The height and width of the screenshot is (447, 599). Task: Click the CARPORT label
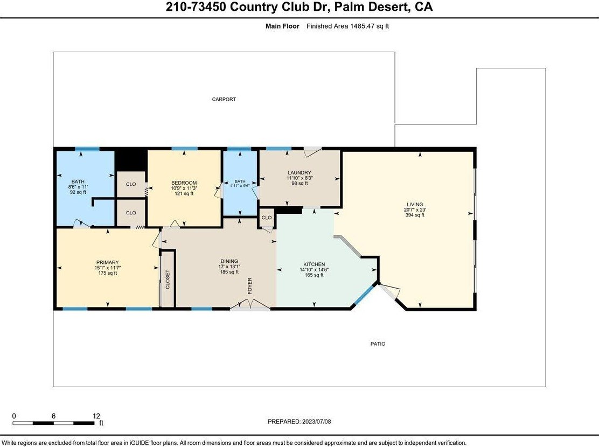click(x=224, y=99)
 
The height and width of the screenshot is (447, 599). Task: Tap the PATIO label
click(x=378, y=344)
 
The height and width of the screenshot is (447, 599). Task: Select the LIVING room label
click(x=415, y=205)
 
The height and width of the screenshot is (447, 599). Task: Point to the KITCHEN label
click(x=314, y=264)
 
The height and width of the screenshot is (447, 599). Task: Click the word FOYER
click(x=250, y=285)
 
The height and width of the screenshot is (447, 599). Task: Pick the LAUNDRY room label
click(x=299, y=173)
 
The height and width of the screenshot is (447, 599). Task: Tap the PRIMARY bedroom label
click(x=107, y=262)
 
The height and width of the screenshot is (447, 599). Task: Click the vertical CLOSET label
click(x=168, y=280)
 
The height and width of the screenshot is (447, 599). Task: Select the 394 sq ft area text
click(x=415, y=215)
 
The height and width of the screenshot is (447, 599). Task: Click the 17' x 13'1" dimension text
click(x=229, y=267)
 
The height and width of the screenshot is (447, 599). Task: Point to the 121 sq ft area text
click(x=184, y=193)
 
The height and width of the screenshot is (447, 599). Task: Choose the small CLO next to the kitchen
click(x=267, y=218)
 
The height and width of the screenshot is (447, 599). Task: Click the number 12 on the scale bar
click(x=96, y=416)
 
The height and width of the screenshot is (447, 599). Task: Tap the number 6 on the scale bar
click(x=53, y=416)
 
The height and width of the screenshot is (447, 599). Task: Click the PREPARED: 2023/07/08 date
click(x=299, y=422)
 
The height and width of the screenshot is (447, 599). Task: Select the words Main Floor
click(x=282, y=26)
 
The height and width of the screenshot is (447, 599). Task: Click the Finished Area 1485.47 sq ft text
click(x=347, y=26)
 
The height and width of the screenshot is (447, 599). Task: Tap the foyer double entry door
click(x=250, y=304)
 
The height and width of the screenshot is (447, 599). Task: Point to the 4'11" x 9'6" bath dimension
click(x=240, y=186)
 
